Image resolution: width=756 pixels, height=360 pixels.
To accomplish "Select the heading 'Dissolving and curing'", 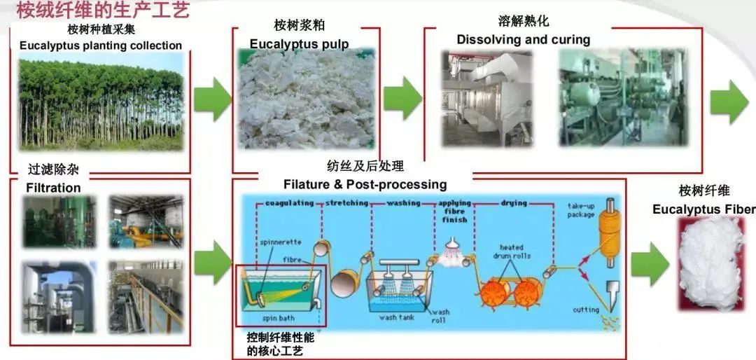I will coord(523,39).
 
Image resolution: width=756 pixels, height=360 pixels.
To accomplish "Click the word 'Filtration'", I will coord(53,188).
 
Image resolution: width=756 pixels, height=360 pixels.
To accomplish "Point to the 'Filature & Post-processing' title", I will coord(365,184).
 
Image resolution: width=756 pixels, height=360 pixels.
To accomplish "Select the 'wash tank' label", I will coord(398,317).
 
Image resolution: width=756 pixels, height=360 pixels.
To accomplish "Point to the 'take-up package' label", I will coord(587,210).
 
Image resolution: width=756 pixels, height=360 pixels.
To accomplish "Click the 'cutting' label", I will coord(586,310).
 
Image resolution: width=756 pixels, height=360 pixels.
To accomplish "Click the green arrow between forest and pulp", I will coord(212,99).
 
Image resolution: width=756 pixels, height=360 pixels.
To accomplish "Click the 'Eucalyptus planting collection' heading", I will coord(101,46).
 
